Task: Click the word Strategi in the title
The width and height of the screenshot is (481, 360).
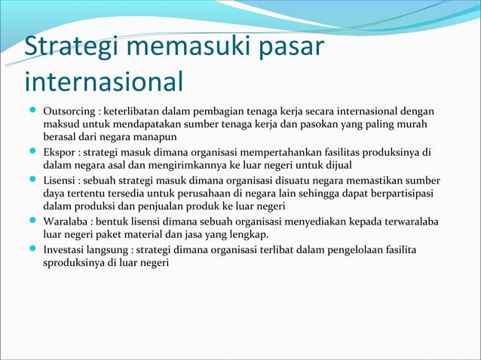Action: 64,47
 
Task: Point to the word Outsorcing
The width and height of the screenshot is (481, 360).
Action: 70,111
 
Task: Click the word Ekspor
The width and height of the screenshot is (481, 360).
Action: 60,152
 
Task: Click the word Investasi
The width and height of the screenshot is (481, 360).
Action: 67,249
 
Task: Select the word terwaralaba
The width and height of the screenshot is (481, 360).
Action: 412,221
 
